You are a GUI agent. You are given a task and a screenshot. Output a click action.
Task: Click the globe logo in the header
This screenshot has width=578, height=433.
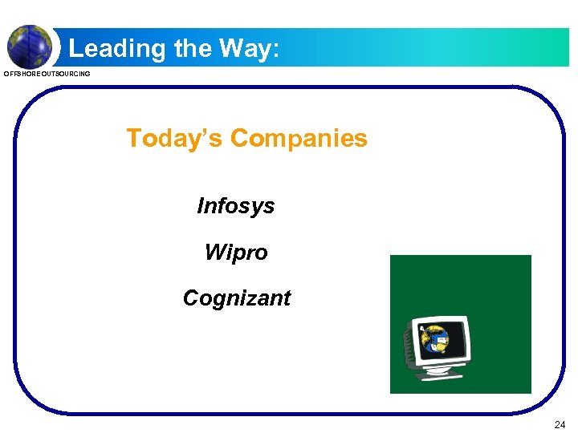pyautogui.click(x=29, y=47)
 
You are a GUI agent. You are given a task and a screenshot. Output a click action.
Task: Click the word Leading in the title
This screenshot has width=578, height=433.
pyautogui.click(x=117, y=49)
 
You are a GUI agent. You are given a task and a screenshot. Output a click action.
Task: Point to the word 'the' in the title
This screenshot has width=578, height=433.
pyautogui.click(x=193, y=48)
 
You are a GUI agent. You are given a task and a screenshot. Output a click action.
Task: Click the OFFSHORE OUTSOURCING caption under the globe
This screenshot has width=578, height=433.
pyautogui.click(x=47, y=75)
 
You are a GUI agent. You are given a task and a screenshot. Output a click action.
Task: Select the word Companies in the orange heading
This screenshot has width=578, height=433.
pyautogui.click(x=299, y=139)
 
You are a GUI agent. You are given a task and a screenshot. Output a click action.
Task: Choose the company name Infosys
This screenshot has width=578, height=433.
pyautogui.click(x=236, y=206)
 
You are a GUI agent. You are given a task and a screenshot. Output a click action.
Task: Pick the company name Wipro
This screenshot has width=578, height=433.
pyautogui.click(x=236, y=253)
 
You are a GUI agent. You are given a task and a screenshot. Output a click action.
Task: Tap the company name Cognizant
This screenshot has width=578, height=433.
pyautogui.click(x=237, y=298)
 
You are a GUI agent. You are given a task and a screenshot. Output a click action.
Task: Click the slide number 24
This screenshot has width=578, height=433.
pyautogui.click(x=560, y=423)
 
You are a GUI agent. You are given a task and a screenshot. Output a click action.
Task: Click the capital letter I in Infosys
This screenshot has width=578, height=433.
pyautogui.click(x=201, y=206)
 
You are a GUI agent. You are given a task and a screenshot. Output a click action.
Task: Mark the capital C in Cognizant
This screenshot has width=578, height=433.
pyautogui.click(x=191, y=298)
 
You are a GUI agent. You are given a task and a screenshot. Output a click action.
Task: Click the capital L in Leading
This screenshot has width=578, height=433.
pyautogui.click(x=75, y=49)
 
